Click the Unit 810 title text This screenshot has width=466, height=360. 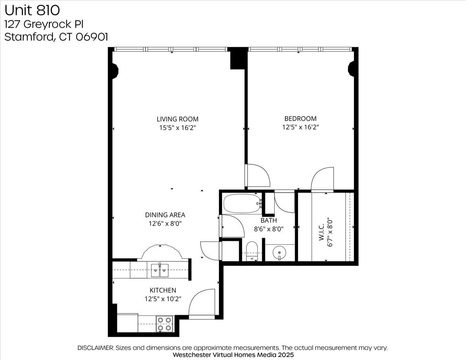pyautogui.click(x=33, y=9)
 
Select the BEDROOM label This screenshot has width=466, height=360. pyautogui.click(x=300, y=119)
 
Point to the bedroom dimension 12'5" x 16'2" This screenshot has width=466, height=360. pyautogui.click(x=300, y=127)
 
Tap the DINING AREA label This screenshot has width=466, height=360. pyautogui.click(x=165, y=215)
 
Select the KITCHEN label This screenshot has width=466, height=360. pyautogui.click(x=163, y=290)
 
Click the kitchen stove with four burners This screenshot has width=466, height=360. pyautogui.click(x=164, y=323)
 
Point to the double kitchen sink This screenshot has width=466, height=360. pyautogui.click(x=160, y=269)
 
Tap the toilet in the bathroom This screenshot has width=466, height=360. pyautogui.click(x=252, y=251)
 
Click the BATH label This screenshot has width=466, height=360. pyautogui.click(x=269, y=221)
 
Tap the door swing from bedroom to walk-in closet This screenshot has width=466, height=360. pyautogui.click(x=322, y=179)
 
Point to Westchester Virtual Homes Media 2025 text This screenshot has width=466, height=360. pyautogui.click(x=233, y=355)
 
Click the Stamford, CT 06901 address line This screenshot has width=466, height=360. pyautogui.click(x=56, y=37)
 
